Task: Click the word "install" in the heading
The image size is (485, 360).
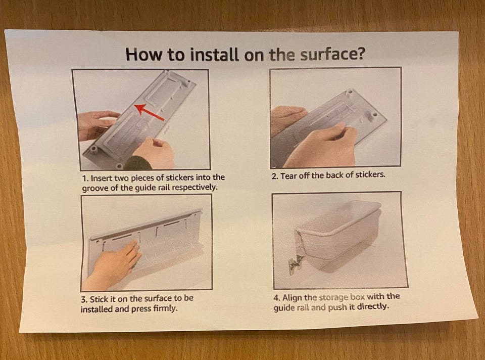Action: pos(214,55)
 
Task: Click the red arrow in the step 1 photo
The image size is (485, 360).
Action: pos(149,112)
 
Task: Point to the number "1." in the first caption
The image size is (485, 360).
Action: pos(86,178)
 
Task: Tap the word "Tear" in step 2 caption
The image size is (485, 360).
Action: pos(287,176)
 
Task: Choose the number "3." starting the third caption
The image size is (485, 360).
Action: pos(84,300)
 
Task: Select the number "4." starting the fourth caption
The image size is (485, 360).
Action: pos(277,298)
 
